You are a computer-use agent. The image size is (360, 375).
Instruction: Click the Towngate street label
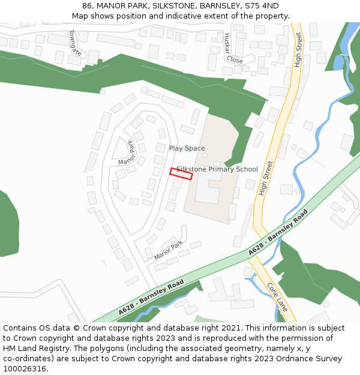tap(75, 43)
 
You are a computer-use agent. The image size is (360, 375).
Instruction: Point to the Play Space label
tap(187, 148)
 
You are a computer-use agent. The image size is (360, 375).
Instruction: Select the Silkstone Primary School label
tap(217, 169)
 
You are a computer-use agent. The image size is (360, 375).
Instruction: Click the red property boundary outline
tap(181, 173)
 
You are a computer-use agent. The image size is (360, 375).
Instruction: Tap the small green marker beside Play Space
tap(188, 146)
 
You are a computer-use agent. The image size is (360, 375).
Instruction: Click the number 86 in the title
tap(88, 6)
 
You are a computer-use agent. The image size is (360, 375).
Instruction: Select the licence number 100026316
tap(25, 369)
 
